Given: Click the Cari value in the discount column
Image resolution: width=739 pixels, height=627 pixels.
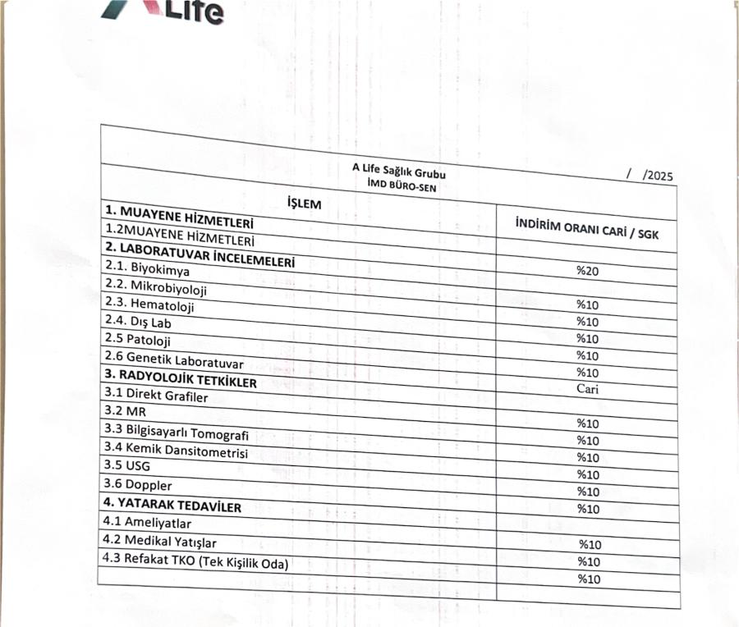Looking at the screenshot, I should pos(586,388).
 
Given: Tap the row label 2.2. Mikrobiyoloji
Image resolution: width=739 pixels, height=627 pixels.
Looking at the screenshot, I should pos(156,286).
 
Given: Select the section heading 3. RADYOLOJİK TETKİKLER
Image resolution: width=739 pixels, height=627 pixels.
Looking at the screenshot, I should pos(180,380).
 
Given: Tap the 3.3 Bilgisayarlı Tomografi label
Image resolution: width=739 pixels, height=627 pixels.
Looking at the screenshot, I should pos(176,432).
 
